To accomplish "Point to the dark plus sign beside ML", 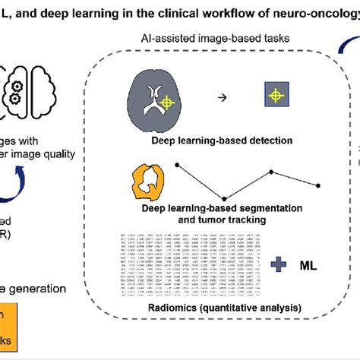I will [x=279, y=264].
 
